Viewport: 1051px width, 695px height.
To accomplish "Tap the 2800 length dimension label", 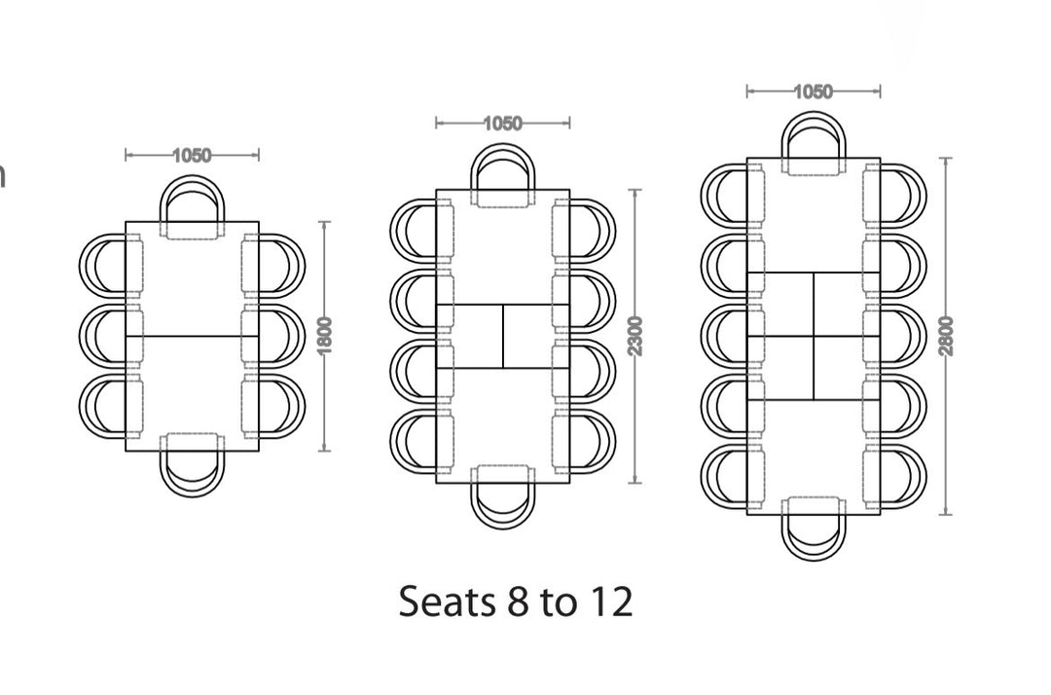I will tap(947, 336).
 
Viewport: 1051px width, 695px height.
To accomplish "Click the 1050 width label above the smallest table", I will tap(192, 155).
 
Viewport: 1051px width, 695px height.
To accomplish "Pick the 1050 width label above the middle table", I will tap(502, 124).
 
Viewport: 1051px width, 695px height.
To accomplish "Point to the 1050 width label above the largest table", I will tap(813, 92).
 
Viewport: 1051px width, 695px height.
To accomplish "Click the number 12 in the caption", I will tap(609, 603).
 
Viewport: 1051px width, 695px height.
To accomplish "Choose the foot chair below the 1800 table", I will tap(192, 470).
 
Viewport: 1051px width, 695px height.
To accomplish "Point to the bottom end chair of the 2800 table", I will tap(814, 532).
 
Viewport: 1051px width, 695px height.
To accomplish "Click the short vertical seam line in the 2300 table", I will tap(503, 337).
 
